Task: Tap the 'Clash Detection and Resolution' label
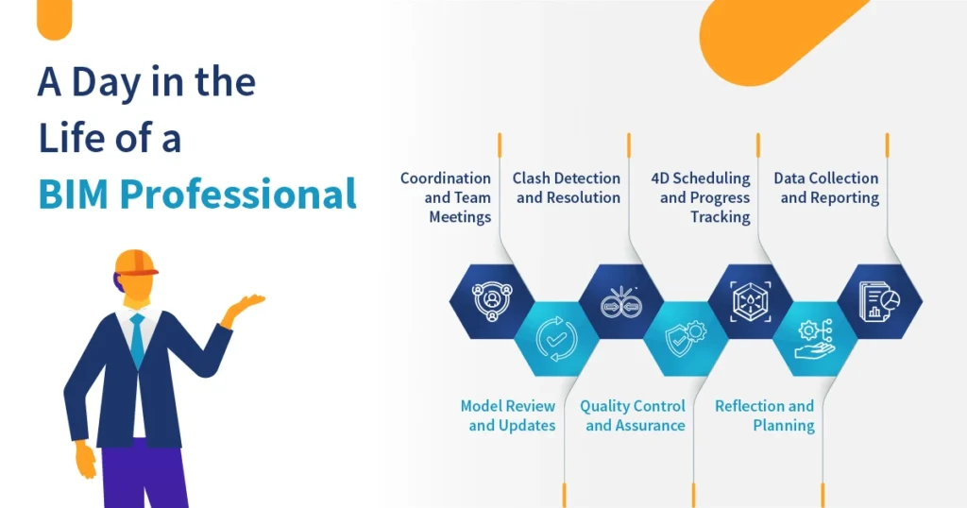click(567, 188)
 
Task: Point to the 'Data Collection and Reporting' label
click(827, 188)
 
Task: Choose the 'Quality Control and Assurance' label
click(634, 415)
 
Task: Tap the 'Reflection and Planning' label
click(765, 415)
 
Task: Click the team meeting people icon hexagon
click(491, 301)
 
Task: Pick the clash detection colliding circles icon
click(620, 301)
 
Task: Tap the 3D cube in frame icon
click(751, 301)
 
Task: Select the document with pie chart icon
click(879, 301)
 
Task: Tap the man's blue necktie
click(138, 341)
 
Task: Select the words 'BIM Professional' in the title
click(197, 194)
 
